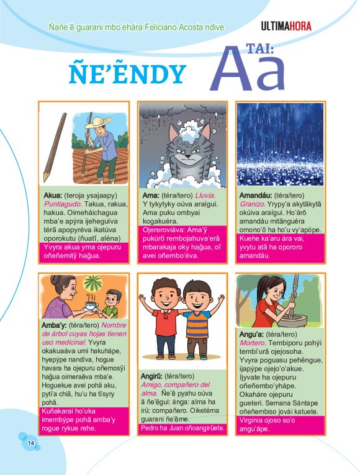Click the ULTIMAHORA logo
pos(286,26)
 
